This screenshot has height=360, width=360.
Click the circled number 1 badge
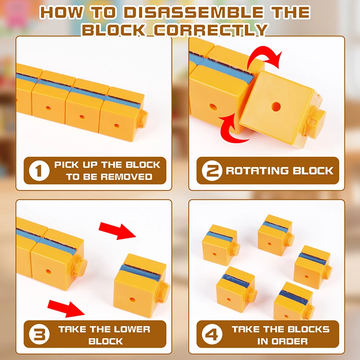39,171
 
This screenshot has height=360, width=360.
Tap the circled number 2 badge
212,171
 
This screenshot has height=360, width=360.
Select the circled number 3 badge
39,334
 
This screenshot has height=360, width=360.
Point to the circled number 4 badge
212,334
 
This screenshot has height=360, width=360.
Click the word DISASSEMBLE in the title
194,13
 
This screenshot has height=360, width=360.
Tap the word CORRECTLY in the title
211,30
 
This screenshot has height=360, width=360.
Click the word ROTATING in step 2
257,171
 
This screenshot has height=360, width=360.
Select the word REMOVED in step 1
126,176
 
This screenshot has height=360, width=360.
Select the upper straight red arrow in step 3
117,231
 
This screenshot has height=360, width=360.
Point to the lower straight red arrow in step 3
66,309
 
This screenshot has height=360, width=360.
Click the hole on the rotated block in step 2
276,107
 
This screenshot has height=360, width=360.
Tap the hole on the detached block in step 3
132,299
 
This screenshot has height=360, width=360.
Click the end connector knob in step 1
142,119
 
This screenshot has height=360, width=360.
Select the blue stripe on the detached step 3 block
140,273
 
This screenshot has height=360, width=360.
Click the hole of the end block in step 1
117,126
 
